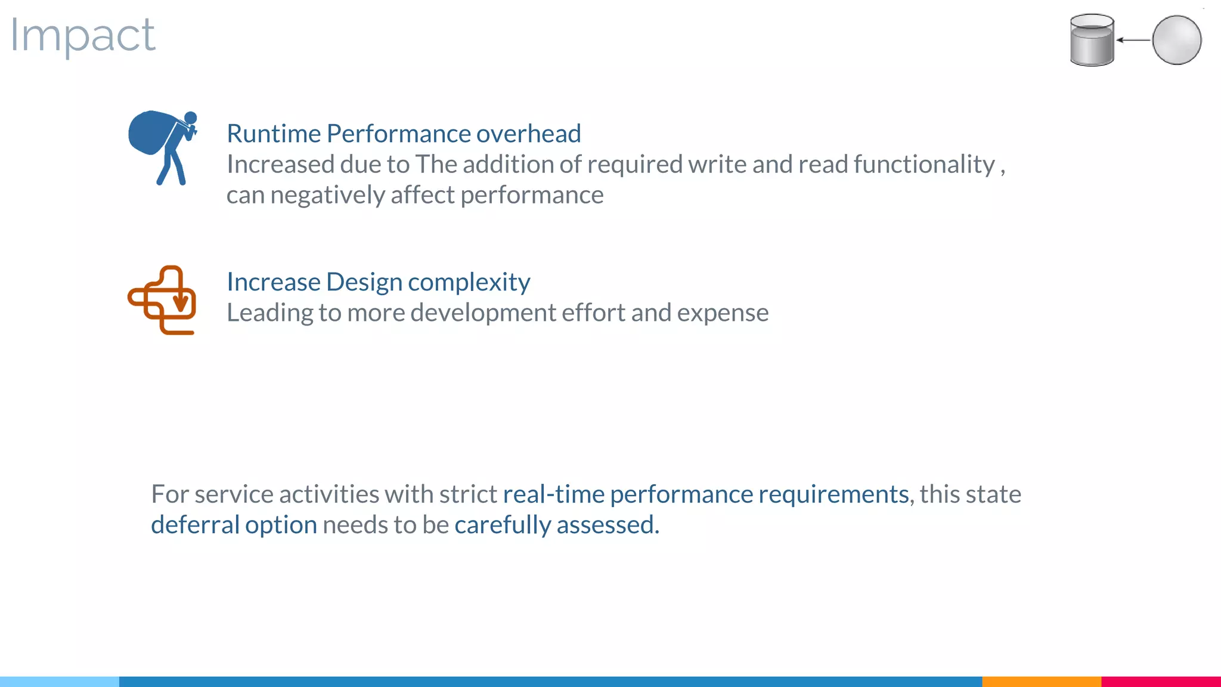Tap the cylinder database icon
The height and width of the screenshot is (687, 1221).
[1092, 40]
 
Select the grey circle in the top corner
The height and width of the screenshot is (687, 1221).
[1176, 40]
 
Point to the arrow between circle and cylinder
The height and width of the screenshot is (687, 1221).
[1133, 40]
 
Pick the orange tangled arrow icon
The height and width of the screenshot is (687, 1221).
[162, 299]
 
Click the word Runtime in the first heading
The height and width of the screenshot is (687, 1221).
[274, 134]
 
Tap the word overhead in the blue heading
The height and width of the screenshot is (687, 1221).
[528, 134]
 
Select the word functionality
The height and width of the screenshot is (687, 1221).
[924, 165]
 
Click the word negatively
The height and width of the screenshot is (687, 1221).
[327, 195]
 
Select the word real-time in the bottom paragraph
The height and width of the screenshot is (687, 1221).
[553, 494]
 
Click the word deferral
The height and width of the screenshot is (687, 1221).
[195, 525]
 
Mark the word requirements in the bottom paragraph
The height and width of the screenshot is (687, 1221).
[833, 494]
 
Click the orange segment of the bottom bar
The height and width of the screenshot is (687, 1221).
[1041, 681]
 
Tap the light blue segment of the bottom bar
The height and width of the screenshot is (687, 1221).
[60, 681]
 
